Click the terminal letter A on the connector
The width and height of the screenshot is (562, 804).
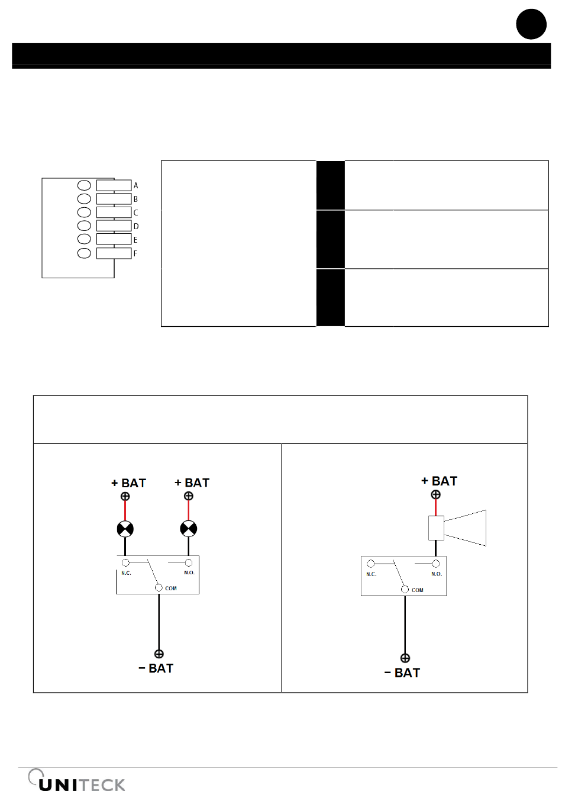pyautogui.click(x=135, y=185)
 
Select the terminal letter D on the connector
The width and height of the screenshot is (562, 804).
pyautogui.click(x=136, y=226)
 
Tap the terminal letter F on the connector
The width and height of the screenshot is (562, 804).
pyautogui.click(x=135, y=253)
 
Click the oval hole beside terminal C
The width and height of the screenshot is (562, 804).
pyautogui.click(x=84, y=212)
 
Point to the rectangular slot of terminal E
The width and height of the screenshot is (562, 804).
pyautogui.click(x=114, y=239)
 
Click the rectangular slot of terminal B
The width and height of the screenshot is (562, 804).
pyautogui.click(x=114, y=199)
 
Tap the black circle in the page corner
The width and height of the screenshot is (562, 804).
pyautogui.click(x=531, y=24)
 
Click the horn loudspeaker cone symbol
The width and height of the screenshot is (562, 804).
pyautogui.click(x=464, y=528)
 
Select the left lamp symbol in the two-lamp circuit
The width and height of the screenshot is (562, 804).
pyautogui.click(x=125, y=529)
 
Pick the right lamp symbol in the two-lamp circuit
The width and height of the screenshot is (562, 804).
pyautogui.click(x=188, y=529)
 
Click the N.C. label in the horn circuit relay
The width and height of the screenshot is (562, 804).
pyautogui.click(x=371, y=574)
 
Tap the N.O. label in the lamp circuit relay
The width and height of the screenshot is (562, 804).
pyautogui.click(x=189, y=573)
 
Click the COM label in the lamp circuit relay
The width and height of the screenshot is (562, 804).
pyautogui.click(x=171, y=588)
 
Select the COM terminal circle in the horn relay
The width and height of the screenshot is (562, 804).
pyautogui.click(x=405, y=589)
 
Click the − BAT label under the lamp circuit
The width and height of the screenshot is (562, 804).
pyautogui.click(x=156, y=668)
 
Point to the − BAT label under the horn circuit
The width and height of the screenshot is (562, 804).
pyautogui.click(x=402, y=673)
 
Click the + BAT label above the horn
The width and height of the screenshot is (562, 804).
pyautogui.click(x=440, y=481)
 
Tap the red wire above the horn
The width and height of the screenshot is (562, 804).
pyautogui.click(x=436, y=507)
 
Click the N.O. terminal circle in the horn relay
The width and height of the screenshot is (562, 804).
pyautogui.click(x=436, y=564)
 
